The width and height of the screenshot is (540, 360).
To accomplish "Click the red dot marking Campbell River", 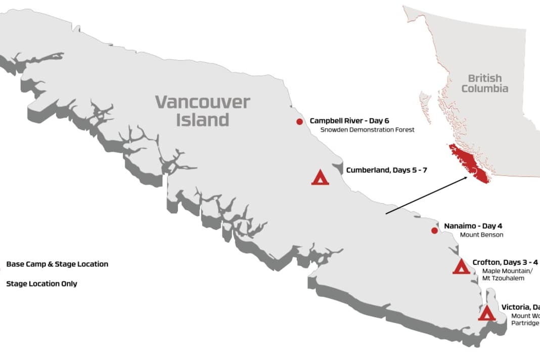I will pos(299,121).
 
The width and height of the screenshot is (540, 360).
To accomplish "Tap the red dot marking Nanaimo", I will pos(434,231).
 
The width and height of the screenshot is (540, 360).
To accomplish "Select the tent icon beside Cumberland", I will pos(320,177).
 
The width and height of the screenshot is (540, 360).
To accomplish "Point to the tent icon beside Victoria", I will pos(486,313).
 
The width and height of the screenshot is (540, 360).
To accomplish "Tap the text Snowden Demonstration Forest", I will pos(367,130).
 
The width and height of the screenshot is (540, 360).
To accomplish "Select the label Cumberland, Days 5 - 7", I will pos(386,170).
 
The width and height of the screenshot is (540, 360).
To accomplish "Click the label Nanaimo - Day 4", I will pos(473,226).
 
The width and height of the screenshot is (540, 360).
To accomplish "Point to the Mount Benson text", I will pos(481,235).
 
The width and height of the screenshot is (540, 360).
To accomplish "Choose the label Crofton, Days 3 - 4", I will pos(505,262).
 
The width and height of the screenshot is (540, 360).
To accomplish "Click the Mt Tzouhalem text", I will pos(503,278).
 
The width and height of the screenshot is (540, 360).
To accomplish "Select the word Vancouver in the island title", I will pos(202,102).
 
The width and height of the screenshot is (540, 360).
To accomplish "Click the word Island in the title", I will pos(202,120).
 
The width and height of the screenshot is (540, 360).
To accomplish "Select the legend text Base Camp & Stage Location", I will pos(57,264).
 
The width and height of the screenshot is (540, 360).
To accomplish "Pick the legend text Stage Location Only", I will pos(41,284).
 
